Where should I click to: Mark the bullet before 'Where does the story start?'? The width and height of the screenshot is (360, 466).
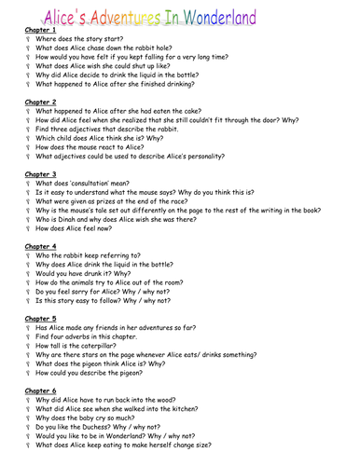point(29,41)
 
